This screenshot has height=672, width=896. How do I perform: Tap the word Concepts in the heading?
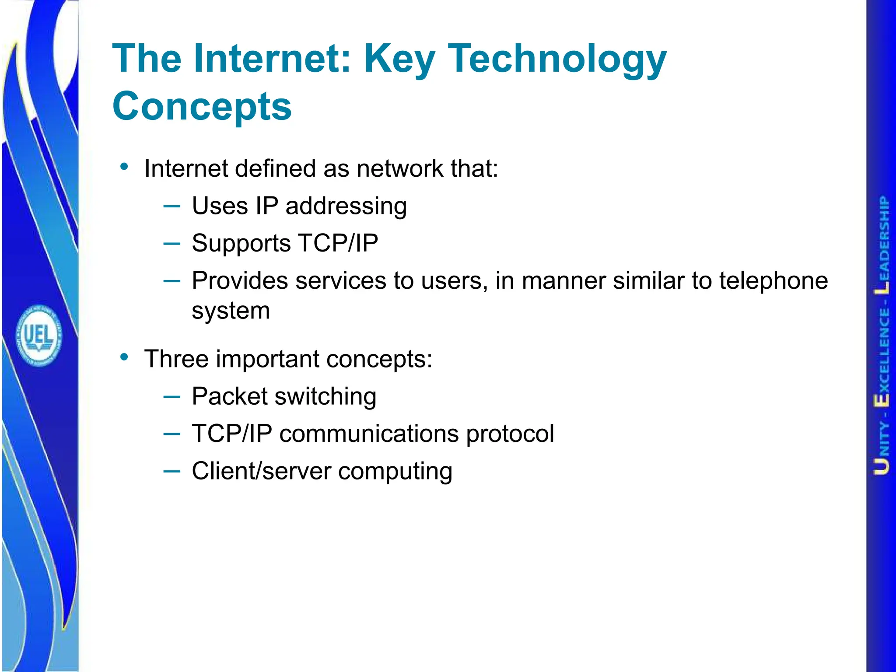point(202,106)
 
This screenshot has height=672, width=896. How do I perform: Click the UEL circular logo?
point(39,336)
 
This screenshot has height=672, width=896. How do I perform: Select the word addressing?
point(346,206)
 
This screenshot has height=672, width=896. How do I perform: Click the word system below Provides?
point(231,311)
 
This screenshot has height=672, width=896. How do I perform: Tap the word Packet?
point(230,396)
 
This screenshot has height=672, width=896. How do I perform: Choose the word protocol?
point(510,434)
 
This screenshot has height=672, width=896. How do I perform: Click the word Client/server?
point(261,471)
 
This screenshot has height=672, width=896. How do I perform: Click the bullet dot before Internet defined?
point(125,167)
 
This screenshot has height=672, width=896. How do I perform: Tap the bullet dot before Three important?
point(125,357)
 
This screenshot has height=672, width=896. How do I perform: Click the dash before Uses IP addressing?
point(171,206)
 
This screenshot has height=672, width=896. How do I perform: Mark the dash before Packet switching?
point(171,396)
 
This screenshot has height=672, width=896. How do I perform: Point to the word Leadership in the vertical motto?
point(883,245)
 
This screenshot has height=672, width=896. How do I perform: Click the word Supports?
point(241,244)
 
